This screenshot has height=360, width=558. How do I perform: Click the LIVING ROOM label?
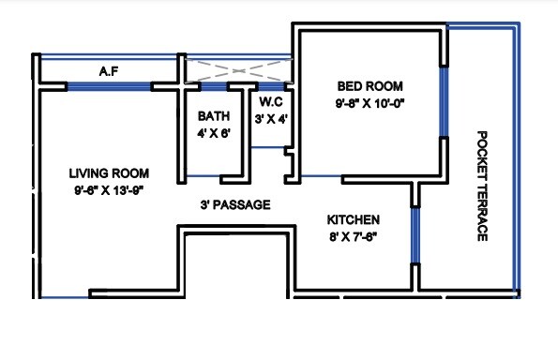(x=109, y=172)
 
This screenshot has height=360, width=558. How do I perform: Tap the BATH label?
(x=214, y=116)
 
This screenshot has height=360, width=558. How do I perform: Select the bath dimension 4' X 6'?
(x=214, y=133)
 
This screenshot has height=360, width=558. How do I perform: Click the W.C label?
(x=272, y=100)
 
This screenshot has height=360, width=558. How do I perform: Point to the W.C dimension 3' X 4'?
(x=272, y=117)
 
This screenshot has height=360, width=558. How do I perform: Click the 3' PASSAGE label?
(x=235, y=204)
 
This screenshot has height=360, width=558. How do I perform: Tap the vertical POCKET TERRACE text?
(x=482, y=185)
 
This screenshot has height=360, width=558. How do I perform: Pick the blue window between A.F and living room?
(x=109, y=87)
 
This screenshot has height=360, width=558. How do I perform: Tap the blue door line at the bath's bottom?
(x=203, y=177)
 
